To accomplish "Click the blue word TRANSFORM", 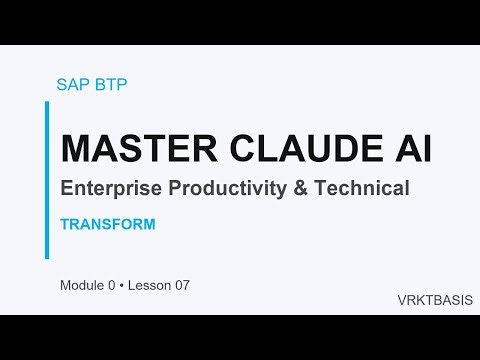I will pos(107,224).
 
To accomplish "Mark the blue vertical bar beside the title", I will pos(47,180).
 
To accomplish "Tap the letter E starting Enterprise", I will pos(66,189).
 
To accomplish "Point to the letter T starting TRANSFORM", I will pos(64,224).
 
